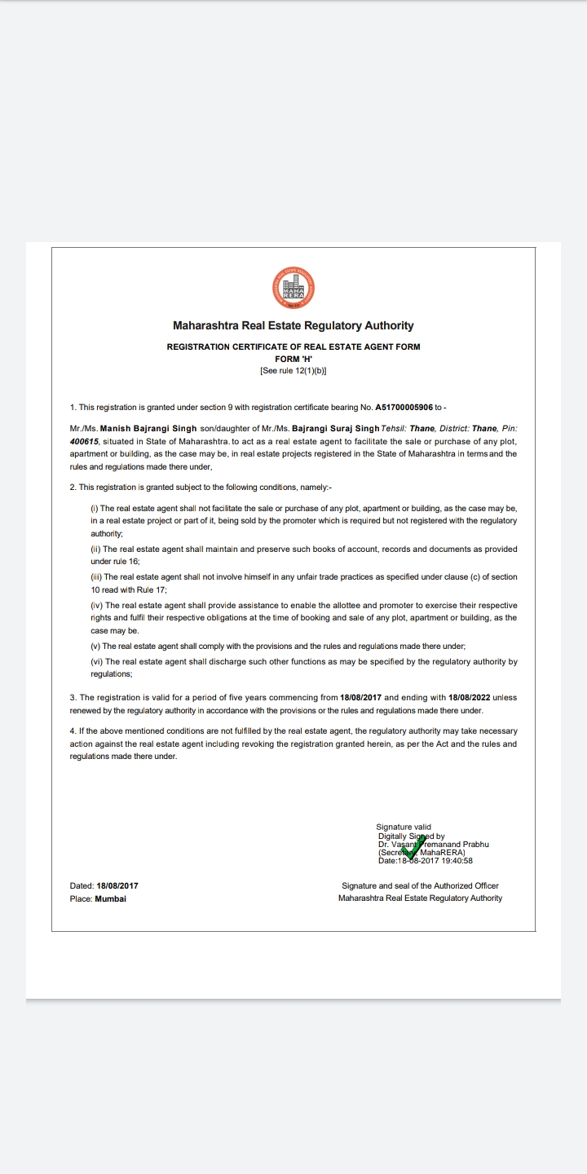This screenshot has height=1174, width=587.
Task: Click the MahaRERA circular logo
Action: point(293,287)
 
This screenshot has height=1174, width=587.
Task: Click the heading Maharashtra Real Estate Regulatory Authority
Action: point(293,325)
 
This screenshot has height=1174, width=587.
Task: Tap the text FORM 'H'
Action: point(293,359)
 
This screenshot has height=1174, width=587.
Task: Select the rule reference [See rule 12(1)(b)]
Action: point(293,370)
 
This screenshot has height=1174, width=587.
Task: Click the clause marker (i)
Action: point(95,508)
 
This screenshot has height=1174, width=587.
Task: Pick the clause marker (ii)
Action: point(95,549)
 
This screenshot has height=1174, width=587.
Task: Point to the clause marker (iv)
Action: point(97,606)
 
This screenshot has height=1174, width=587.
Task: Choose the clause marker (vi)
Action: point(97,662)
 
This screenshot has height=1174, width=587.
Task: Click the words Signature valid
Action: point(404,827)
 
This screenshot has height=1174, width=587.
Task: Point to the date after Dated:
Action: point(117,885)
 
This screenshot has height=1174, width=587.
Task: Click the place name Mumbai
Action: point(111,898)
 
